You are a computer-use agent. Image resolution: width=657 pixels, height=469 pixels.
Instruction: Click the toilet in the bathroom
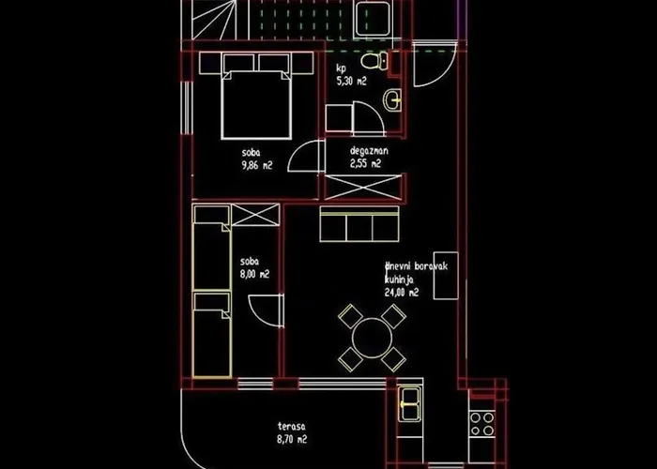(374, 61)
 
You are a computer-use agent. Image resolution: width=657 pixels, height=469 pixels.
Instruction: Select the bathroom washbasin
(392, 100)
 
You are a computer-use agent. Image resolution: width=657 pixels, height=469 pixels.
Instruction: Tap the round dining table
(372, 338)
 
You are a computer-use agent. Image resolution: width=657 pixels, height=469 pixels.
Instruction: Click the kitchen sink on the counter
(410, 404)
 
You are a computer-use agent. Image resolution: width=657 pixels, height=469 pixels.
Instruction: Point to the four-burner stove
(481, 424)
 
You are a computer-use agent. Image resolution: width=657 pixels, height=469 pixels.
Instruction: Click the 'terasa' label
(292, 427)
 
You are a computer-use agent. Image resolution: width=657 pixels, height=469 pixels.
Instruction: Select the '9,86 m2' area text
(257, 165)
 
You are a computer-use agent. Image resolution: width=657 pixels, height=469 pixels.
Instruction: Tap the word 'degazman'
(369, 151)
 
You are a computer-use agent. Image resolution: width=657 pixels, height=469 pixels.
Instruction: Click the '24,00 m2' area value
(402, 293)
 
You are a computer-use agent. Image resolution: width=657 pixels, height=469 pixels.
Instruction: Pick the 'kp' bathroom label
(342, 68)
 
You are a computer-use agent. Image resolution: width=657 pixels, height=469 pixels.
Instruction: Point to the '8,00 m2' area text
(254, 275)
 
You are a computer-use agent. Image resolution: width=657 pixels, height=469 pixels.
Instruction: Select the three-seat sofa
(359, 224)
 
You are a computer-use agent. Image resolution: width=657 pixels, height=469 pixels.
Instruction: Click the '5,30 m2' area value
(352, 82)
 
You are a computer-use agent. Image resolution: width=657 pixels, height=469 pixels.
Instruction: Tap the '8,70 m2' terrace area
(292, 440)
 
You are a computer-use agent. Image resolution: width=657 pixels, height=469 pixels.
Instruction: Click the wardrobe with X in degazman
(363, 187)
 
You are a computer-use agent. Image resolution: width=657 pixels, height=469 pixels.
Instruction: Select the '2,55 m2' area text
(365, 163)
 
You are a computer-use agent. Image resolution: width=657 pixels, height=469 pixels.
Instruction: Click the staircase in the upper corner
(208, 20)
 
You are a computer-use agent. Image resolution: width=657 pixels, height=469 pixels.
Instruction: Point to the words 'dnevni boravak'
(417, 266)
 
